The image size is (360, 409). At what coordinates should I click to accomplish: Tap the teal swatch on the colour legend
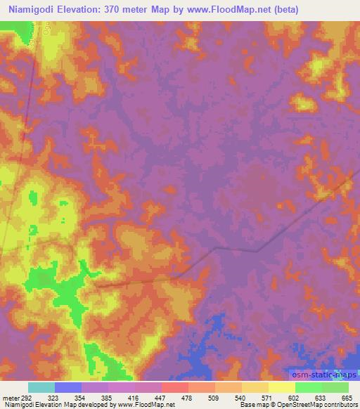pos(41,387)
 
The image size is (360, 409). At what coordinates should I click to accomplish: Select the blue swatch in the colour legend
pos(68,387)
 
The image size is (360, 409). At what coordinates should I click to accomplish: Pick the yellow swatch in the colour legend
pos(282,387)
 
